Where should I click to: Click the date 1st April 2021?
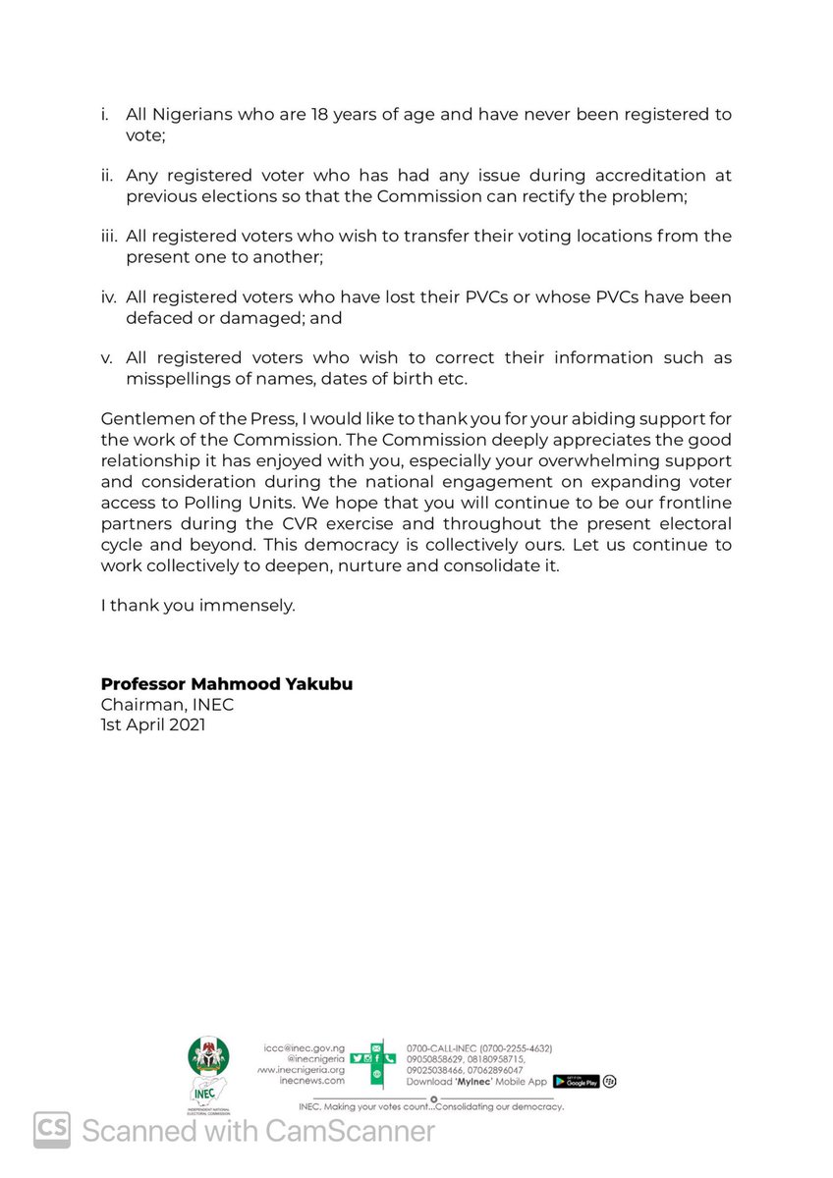tap(152, 725)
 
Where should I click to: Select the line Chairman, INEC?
tap(167, 705)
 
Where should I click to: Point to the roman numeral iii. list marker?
tap(109, 237)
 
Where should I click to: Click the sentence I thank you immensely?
tap(197, 606)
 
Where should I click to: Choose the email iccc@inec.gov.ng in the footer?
tap(305, 1048)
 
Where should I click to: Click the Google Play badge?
tap(576, 1081)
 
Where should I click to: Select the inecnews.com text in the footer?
tap(311, 1080)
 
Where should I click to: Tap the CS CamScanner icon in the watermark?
tap(53, 1131)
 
